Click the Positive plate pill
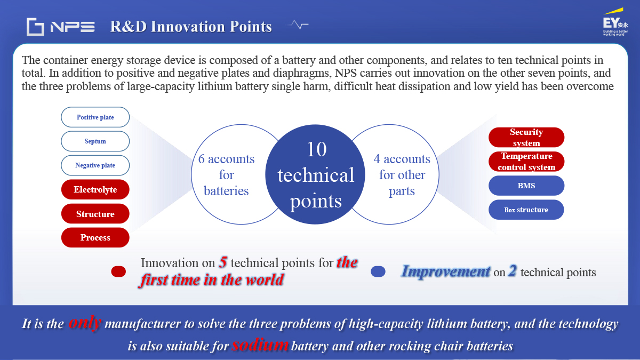click(x=95, y=117)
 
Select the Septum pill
click(x=95, y=141)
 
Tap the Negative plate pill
click(x=95, y=165)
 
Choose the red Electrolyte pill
click(x=95, y=189)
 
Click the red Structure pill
click(x=95, y=214)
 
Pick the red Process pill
click(x=95, y=237)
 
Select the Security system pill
click(x=526, y=138)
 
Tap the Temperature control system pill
click(x=526, y=162)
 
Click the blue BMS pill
click(x=526, y=186)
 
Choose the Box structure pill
click(x=526, y=210)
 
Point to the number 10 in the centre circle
click(x=317, y=149)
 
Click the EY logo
click(x=615, y=22)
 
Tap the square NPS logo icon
click(x=35, y=27)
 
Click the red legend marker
click(x=118, y=271)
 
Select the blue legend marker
click(x=378, y=271)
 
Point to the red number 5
click(x=223, y=262)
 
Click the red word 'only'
click(x=85, y=323)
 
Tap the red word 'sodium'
click(x=260, y=345)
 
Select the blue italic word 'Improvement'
click(x=446, y=271)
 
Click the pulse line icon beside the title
click(x=298, y=25)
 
